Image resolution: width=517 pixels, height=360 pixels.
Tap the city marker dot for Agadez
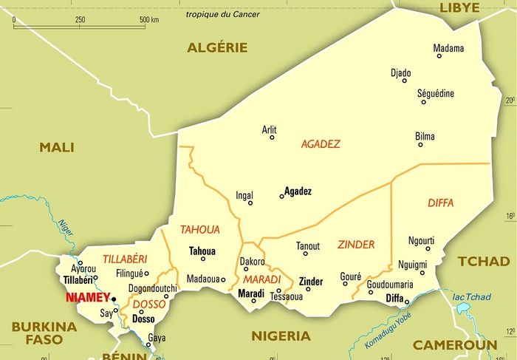281,196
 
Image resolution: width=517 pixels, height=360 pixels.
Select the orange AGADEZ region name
321,144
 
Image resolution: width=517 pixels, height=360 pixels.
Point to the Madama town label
448,49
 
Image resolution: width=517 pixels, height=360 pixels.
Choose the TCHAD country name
484,261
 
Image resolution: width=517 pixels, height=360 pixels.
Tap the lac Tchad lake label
471,297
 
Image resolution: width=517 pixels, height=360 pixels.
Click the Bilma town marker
420,145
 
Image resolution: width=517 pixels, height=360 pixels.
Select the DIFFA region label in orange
440,203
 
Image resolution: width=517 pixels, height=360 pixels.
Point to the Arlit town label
270,129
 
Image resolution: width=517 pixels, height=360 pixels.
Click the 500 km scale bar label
150,18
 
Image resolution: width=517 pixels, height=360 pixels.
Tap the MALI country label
57,147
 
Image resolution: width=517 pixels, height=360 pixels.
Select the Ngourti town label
421,240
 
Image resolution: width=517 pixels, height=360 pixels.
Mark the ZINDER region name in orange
356,245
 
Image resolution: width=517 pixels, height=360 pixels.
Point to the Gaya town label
157,338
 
